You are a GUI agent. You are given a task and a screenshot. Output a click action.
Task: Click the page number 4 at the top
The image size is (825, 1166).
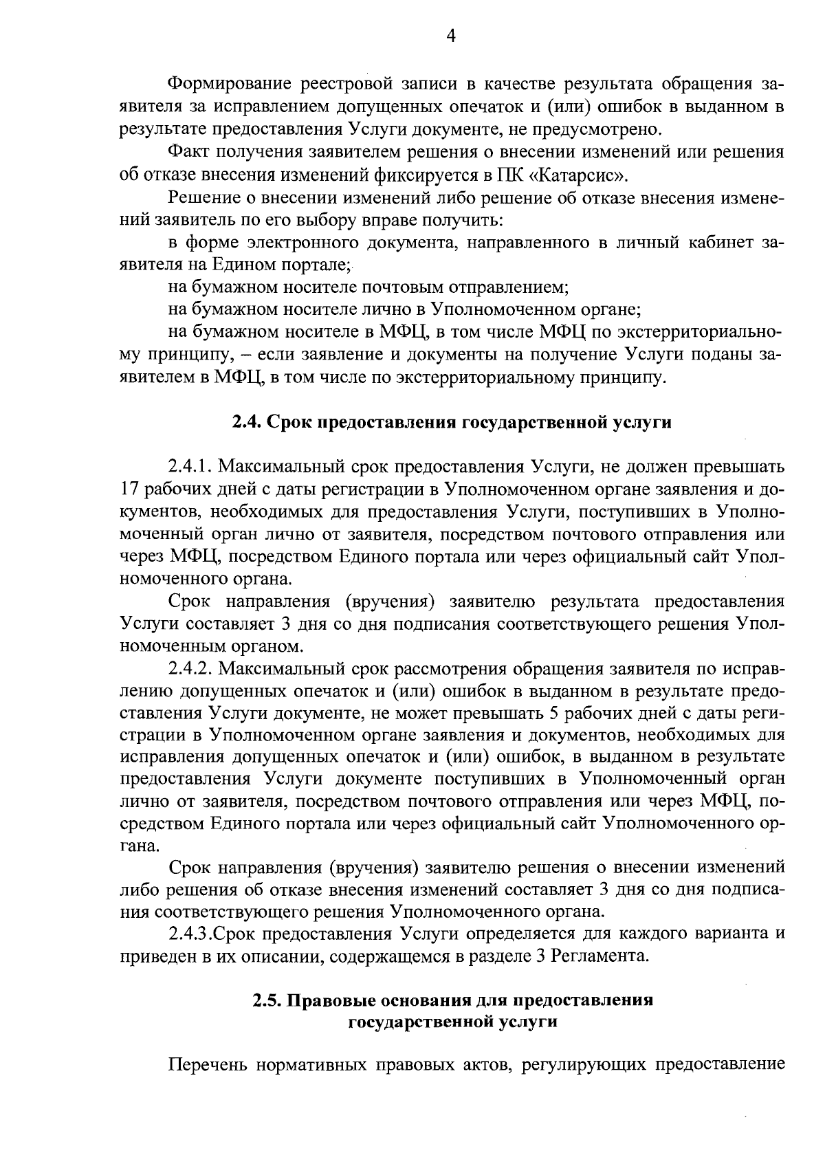click(x=451, y=36)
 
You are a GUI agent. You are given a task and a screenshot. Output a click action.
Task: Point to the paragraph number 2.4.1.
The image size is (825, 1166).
click(x=190, y=467)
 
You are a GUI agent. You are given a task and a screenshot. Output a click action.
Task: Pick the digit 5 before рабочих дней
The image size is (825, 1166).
click(x=558, y=713)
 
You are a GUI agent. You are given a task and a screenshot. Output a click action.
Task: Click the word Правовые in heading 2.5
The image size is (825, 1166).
click(x=326, y=1001)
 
